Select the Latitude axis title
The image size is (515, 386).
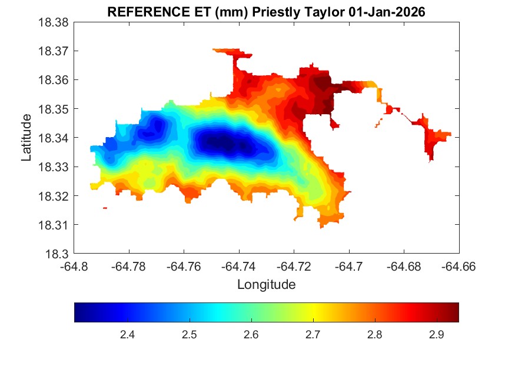[x=26, y=138]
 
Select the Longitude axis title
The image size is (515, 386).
[x=266, y=285]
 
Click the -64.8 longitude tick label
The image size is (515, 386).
[x=75, y=267]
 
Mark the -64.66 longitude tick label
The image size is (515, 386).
[x=458, y=267]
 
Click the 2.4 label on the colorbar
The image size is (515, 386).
[x=127, y=335]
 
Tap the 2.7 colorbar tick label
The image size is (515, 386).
[x=313, y=335]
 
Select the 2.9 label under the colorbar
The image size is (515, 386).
[x=436, y=335]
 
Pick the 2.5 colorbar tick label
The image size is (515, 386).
[x=189, y=335]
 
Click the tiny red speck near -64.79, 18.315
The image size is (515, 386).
[x=105, y=208]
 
